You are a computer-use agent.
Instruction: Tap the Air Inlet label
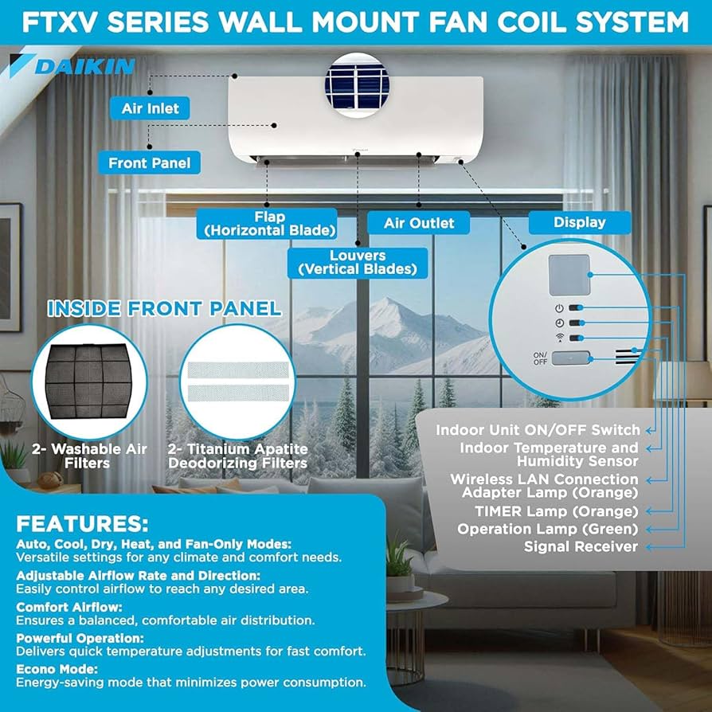[151, 108]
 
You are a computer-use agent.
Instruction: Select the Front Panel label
[150, 162]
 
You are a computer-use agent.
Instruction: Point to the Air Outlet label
[419, 223]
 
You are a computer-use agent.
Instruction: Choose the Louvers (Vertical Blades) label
[358, 262]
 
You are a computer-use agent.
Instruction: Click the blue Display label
[580, 222]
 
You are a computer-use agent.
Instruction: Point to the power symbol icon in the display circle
[559, 307]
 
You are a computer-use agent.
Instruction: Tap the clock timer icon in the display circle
[559, 323]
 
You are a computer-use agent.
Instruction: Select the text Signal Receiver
[581, 546]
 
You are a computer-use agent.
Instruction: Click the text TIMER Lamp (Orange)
[556, 511]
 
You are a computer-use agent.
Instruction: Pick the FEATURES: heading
[83, 523]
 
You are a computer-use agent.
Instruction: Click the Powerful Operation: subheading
[80, 638]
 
